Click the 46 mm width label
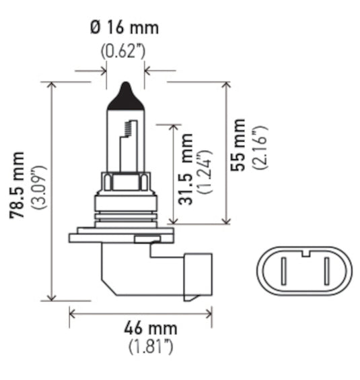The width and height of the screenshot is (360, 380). [151, 329]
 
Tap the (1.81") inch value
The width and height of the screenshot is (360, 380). [151, 347]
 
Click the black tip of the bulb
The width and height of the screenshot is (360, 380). [124, 92]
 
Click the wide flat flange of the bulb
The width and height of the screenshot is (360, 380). [120, 235]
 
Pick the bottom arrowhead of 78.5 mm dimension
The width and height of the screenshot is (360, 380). [51, 298]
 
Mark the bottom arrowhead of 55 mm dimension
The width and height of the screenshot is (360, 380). [228, 220]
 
